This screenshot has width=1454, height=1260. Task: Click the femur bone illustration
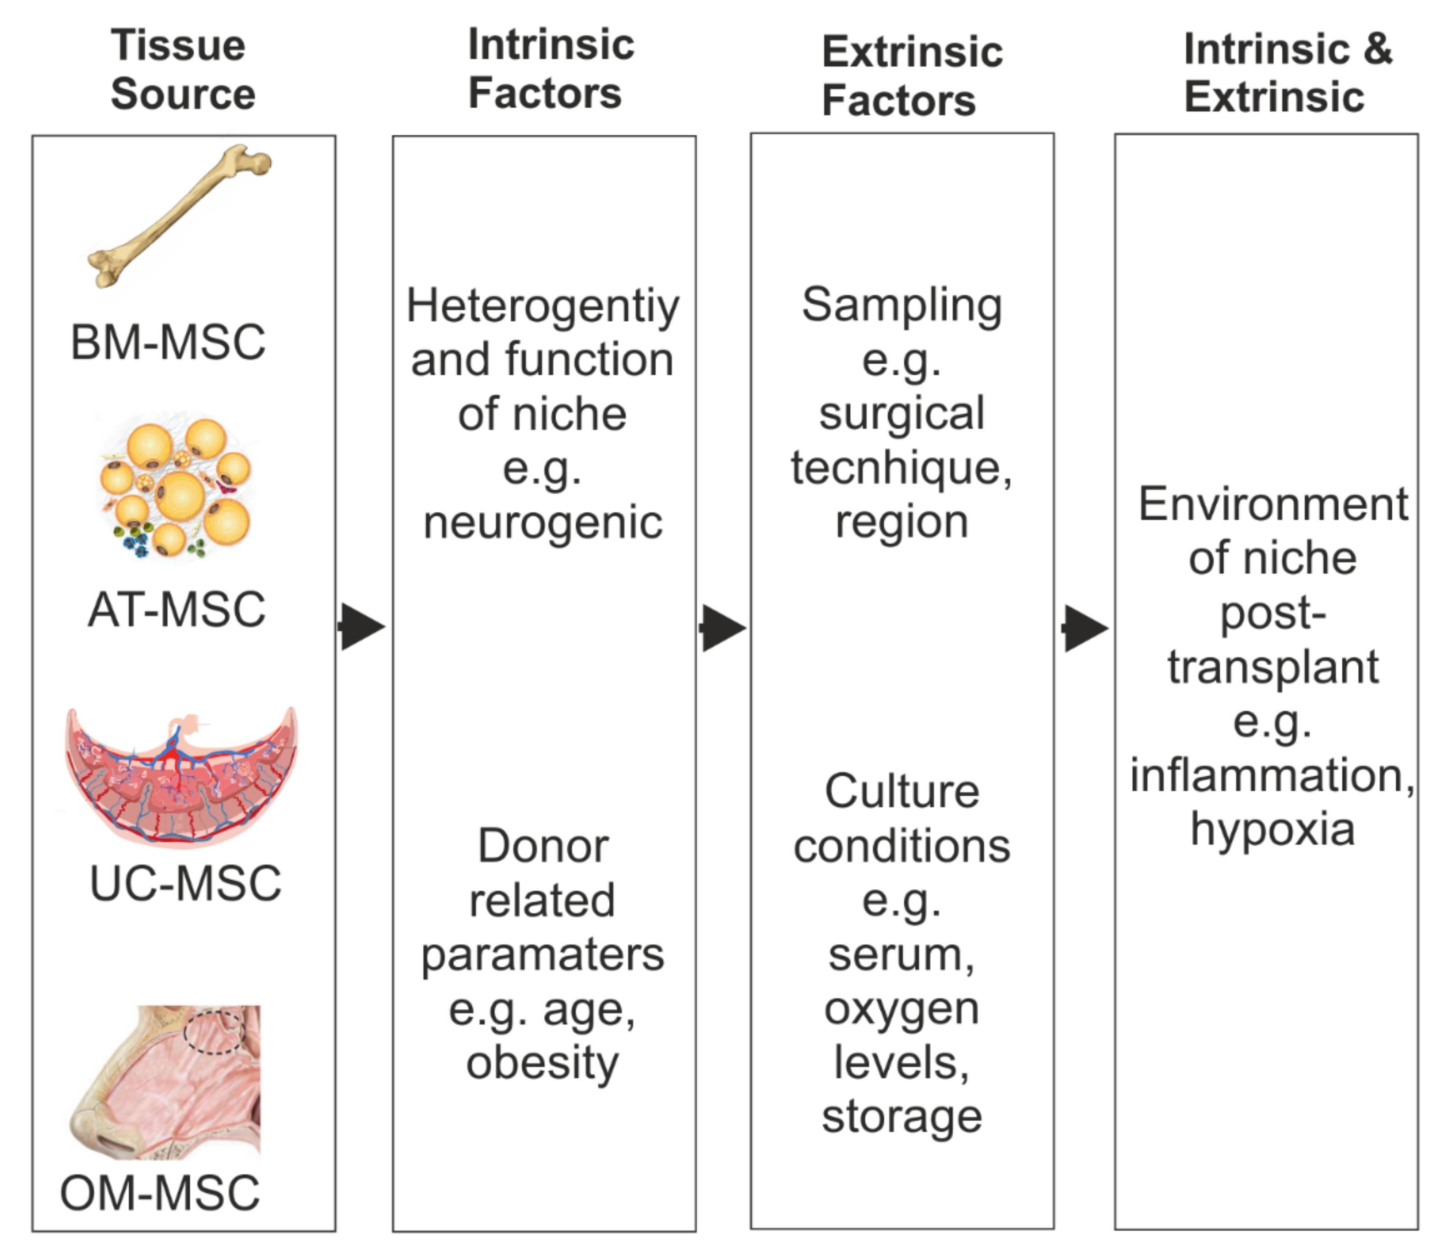pyautogui.click(x=179, y=215)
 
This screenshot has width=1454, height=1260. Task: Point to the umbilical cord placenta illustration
pyautogui.click(x=181, y=777)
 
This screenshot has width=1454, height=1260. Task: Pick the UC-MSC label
pyautogui.click(x=186, y=883)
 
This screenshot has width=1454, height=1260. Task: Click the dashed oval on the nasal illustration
pyautogui.click(x=214, y=1031)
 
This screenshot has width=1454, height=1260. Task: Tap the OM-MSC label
pyautogui.click(x=160, y=1193)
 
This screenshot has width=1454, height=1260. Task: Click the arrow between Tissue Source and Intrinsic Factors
pyautogui.click(x=362, y=626)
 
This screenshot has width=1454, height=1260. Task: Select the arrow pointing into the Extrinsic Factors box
pyautogui.click(x=723, y=627)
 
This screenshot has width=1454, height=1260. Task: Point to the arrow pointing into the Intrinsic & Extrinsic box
pyautogui.click(x=1085, y=628)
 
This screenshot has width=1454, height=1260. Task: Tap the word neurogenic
pyautogui.click(x=543, y=523)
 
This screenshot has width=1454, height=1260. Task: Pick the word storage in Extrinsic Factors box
pyautogui.click(x=902, y=1117)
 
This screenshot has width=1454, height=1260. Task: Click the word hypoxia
pyautogui.click(x=1273, y=830)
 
